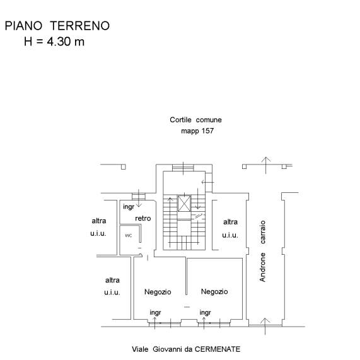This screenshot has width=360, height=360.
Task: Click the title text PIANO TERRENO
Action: (57, 26)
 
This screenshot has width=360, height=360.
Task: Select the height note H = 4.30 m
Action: (54, 42)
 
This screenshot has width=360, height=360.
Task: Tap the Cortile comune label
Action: (195, 120)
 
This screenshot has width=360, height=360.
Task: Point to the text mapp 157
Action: (197, 131)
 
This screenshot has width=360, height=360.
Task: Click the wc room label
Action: (129, 235)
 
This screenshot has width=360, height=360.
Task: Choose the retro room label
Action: (143, 218)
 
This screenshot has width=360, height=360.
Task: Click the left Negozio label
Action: (158, 292)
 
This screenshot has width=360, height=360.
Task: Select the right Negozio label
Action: (214, 291)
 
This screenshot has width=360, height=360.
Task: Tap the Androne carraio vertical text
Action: (262, 251)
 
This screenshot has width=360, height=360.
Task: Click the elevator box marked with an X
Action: (184, 204)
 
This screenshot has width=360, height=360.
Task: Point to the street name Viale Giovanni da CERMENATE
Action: (186, 349)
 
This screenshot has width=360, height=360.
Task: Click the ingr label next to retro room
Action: (129, 207)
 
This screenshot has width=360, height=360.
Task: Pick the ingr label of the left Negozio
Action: (155, 313)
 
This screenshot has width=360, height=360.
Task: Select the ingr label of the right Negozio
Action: (205, 313)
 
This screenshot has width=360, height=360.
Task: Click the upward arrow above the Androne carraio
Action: (266, 165)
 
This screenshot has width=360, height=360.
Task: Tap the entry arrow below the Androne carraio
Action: (265, 326)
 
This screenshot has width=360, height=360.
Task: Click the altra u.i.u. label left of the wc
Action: (98, 227)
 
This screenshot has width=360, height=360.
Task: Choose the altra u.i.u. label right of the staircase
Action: (230, 228)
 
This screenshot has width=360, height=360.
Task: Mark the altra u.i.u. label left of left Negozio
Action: (112, 286)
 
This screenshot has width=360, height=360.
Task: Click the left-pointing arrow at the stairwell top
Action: (207, 182)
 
